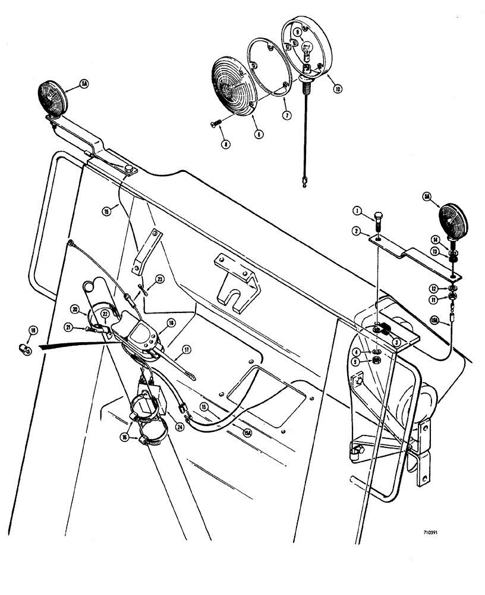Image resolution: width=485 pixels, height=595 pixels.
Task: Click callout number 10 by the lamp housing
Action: (x=338, y=89)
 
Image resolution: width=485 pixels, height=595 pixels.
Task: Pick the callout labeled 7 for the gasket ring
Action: (x=286, y=115)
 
